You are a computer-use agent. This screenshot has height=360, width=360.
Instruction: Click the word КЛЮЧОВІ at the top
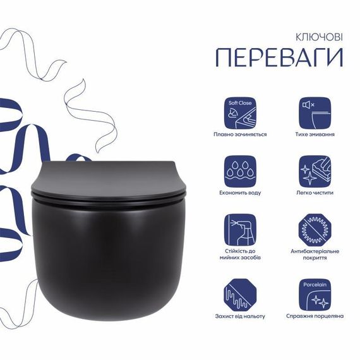pos(319,37)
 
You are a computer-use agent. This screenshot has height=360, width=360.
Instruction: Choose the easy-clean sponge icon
pos(315,171)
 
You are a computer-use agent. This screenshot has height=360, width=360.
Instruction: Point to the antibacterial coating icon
pos(315,231)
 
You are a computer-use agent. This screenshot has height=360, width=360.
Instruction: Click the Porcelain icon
pos(315,292)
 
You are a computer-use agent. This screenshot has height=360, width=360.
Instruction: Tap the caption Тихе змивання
pos(315,135)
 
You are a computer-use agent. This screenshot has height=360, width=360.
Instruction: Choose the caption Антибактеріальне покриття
pos(315,255)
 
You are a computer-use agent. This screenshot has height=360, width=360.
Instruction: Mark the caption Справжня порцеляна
pos(315,316)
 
